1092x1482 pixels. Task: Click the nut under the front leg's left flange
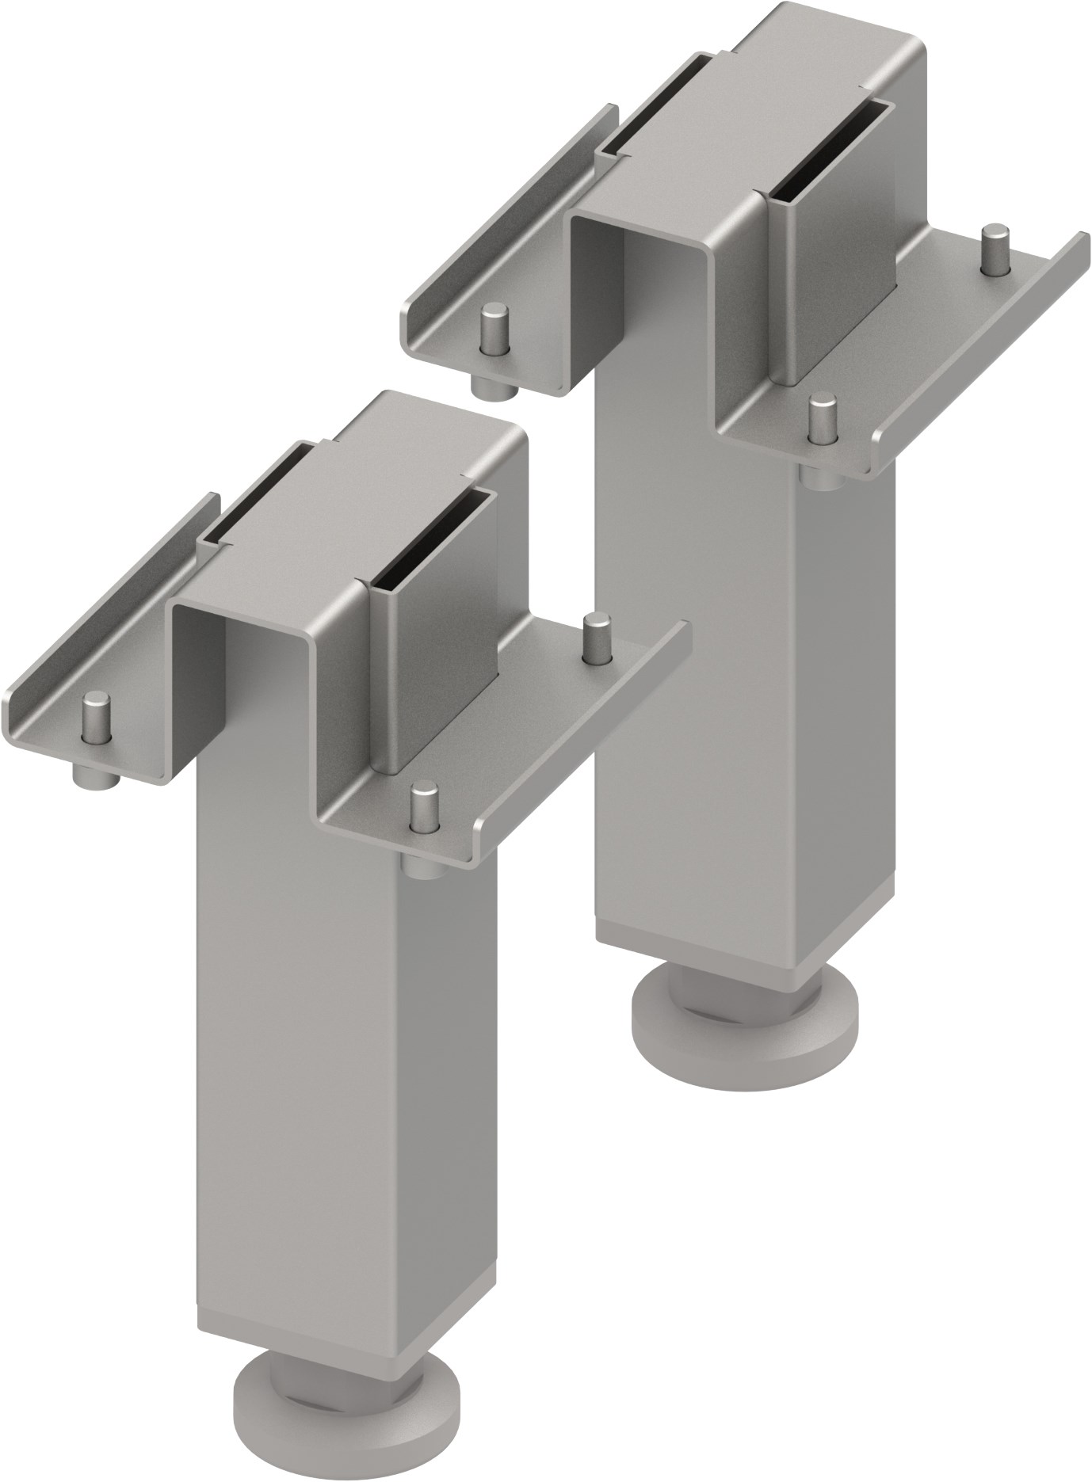pyautogui.click(x=96, y=775)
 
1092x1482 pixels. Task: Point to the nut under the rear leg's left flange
pyautogui.click(x=491, y=386)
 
